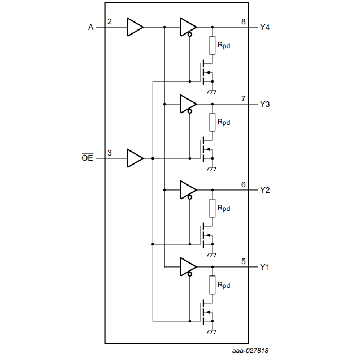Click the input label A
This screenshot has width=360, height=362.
[x=90, y=27]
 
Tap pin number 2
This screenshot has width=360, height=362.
[x=110, y=22]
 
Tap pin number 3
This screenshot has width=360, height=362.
[x=110, y=153]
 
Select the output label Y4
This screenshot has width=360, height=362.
[x=264, y=27]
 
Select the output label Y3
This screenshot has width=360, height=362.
[x=264, y=104]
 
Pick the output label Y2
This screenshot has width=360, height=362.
[x=264, y=190]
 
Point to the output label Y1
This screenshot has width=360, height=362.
[x=264, y=266]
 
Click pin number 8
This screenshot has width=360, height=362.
[x=244, y=22]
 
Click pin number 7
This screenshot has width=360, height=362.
[x=244, y=99]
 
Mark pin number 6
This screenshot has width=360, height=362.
[x=244, y=185]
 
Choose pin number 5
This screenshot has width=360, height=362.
[x=244, y=261]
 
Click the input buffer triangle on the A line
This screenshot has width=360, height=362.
[x=135, y=27]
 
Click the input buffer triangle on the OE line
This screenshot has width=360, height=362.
[x=135, y=158]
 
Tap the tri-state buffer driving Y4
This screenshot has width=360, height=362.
[x=188, y=27]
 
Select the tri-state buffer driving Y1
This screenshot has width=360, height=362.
[x=188, y=266]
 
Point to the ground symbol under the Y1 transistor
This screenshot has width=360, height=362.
[x=212, y=331]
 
